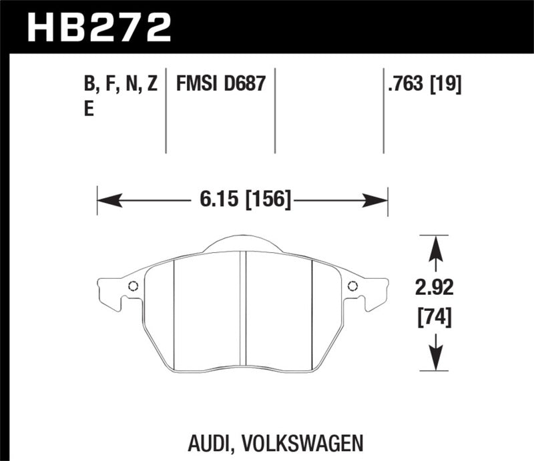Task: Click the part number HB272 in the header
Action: (99, 27)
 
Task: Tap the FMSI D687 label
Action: (221, 85)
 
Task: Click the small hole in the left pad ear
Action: (132, 287)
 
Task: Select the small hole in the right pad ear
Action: (352, 287)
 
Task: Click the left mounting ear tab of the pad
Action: (110, 290)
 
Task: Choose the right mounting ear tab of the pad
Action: (374, 290)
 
